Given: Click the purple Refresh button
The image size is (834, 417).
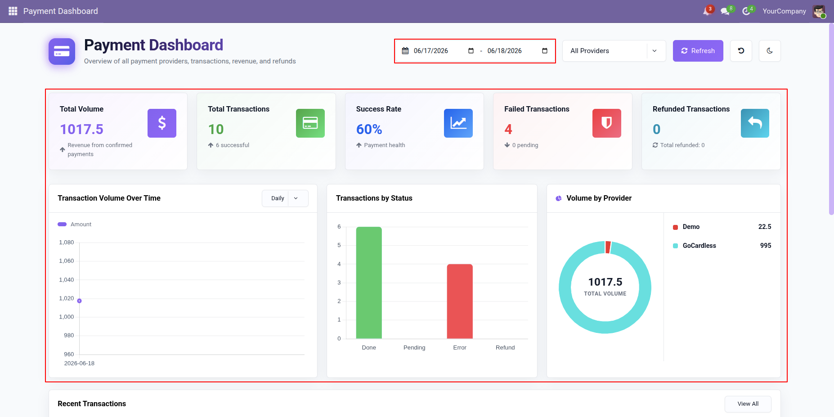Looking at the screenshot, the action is tap(698, 51).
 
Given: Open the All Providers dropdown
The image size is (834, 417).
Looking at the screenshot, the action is tap(614, 51).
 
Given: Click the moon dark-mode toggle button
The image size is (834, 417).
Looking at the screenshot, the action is tap(770, 51).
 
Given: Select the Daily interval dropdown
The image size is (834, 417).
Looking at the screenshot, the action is tap(285, 198).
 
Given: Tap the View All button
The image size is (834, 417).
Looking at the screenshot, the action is tap(748, 404).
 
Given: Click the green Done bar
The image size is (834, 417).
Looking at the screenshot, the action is tap(369, 282).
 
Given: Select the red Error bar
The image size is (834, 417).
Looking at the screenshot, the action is tap(460, 301).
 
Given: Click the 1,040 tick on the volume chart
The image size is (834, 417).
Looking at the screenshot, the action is tap(67, 280).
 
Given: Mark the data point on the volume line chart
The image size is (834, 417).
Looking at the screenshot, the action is tap(79, 301).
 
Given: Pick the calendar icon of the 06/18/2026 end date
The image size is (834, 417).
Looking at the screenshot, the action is tap(545, 51).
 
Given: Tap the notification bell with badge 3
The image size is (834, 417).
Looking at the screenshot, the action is tap(707, 11).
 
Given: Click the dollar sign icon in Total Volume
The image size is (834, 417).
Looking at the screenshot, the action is tap(162, 123).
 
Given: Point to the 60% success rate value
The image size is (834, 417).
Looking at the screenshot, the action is tap(369, 130).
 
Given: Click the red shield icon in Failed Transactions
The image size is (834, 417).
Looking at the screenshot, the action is tap(607, 123).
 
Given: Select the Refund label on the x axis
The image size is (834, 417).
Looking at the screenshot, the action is tap(505, 348).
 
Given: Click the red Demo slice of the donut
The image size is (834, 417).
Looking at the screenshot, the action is tap(608, 247).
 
